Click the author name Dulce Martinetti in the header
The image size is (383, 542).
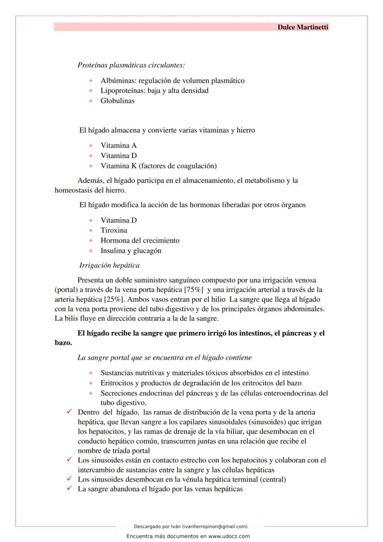[303, 27]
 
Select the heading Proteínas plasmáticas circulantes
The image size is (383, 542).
[131, 65]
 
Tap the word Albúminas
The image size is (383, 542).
[116, 81]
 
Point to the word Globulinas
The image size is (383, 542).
[117, 101]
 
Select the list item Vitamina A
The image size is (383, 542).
[118, 145]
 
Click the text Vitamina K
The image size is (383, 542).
[118, 166]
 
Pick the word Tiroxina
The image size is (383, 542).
[114, 231]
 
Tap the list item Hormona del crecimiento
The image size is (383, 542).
[140, 241]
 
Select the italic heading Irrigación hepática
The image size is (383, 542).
[109, 266]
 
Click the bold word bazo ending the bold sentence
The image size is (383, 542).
[63, 343]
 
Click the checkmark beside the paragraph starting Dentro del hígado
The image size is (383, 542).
[69, 411]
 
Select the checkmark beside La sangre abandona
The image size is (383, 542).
[69, 489]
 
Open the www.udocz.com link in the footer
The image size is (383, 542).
[229, 536]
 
